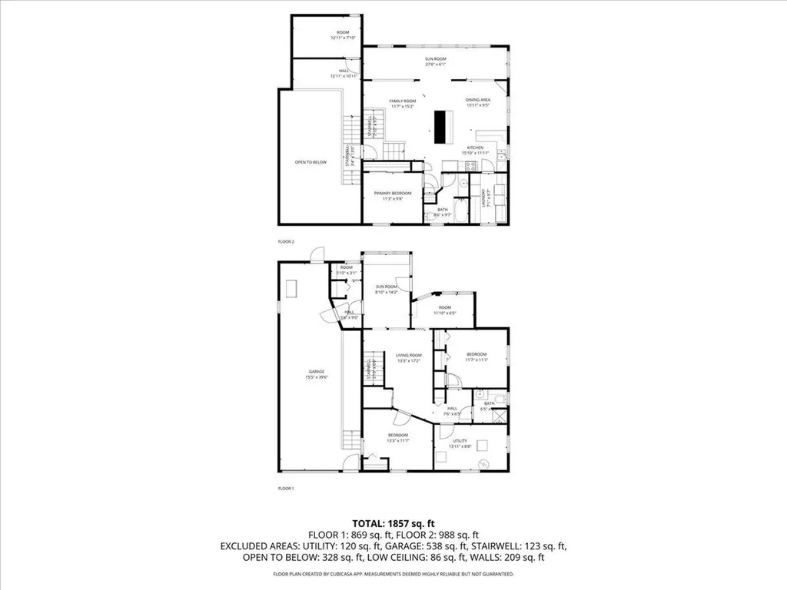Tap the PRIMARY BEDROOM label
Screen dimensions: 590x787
393,193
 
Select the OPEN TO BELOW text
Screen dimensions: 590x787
310,162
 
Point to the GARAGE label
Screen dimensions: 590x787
312,370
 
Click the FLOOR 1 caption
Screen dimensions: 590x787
286,488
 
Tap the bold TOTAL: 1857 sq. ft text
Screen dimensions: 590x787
393,522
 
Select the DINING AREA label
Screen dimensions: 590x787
478,100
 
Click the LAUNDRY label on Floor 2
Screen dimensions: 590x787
483,196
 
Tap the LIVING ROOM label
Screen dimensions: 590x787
409,355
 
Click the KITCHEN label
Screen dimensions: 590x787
472,147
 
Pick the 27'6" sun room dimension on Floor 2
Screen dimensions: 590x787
436,65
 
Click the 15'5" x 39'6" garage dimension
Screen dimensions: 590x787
312,376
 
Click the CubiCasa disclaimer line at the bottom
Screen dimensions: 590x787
393,574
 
